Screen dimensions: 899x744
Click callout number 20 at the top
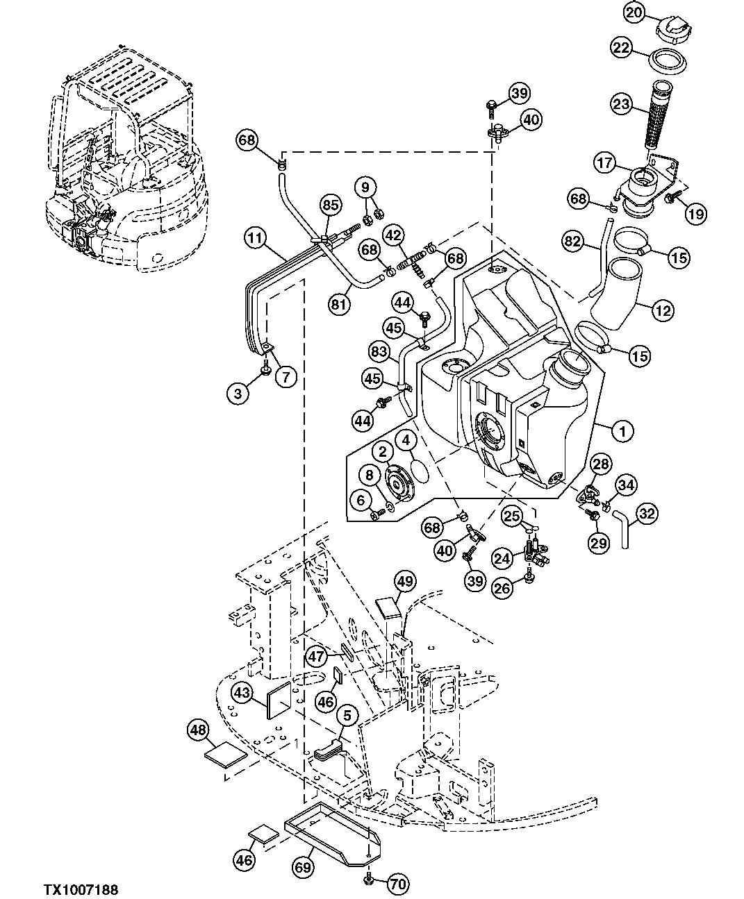[x=634, y=12]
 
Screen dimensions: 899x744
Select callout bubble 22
[x=620, y=48]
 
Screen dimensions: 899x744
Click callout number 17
[x=604, y=163]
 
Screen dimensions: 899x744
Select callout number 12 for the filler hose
[x=663, y=310]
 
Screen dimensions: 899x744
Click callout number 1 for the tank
[x=622, y=431]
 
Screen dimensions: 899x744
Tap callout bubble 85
[x=331, y=205]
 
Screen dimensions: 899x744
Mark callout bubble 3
[x=238, y=394]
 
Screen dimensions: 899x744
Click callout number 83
[x=379, y=352]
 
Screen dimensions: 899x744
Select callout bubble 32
[x=646, y=514]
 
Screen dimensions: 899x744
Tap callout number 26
[x=502, y=589]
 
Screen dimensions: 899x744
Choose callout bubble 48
[x=198, y=730]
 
